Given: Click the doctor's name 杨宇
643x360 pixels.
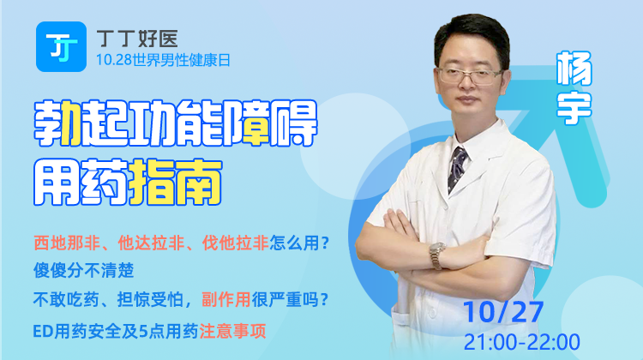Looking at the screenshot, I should click(573, 88).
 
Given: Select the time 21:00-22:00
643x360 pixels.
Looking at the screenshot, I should click(521, 341).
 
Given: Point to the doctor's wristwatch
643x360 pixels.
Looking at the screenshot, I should click(438, 253).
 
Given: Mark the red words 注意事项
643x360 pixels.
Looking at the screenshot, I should click(256, 329).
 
